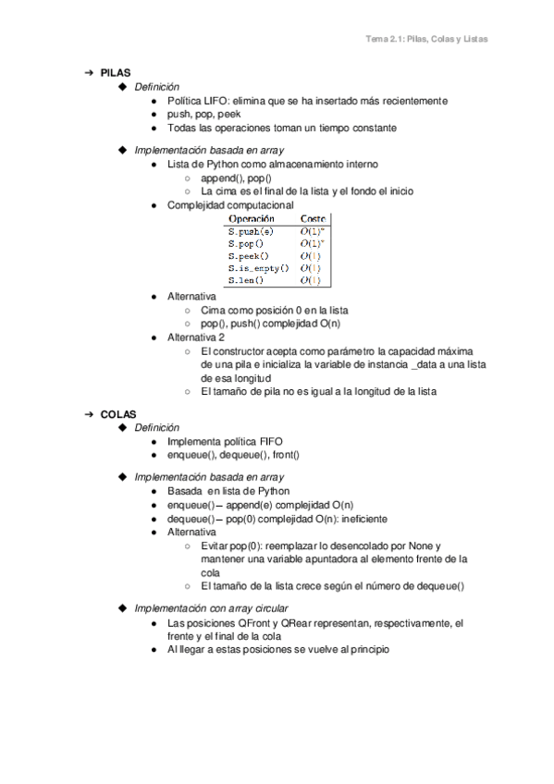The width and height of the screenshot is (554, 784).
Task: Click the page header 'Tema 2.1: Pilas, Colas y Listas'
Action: coord(426,40)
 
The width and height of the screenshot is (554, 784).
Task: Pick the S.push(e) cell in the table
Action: coord(251,230)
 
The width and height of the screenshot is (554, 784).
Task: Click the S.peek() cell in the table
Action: coord(249,254)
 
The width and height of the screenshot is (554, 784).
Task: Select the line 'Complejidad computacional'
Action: coord(229,204)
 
